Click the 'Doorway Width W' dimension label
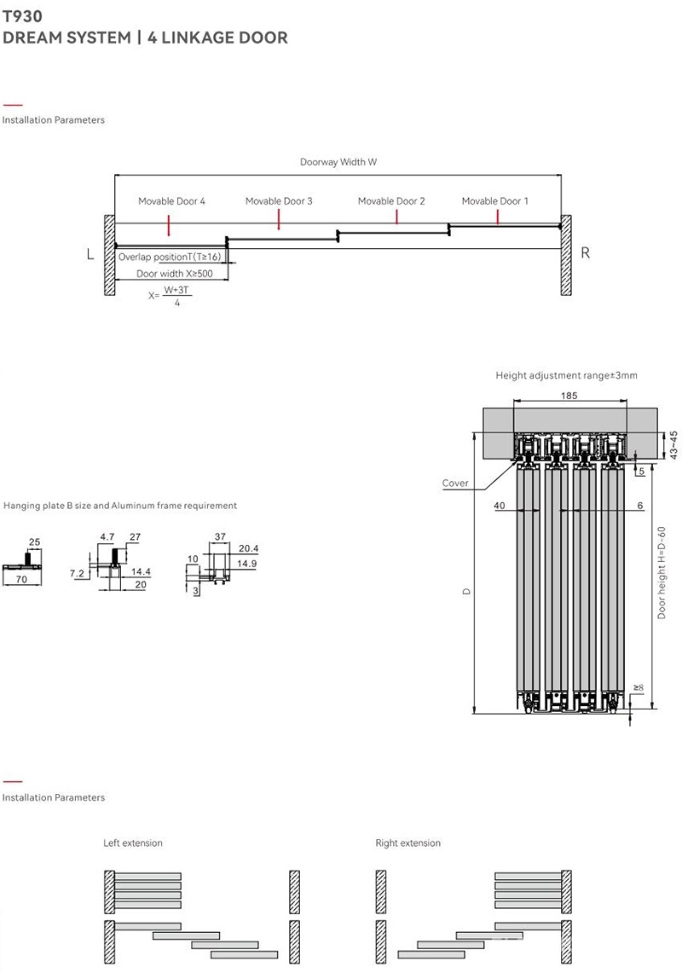pos(338,162)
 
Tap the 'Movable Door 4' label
pos(171,201)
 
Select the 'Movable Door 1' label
pos(494,201)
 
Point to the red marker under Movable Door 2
pos(396,217)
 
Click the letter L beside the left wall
pos(90,253)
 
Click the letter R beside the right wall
pos(585,252)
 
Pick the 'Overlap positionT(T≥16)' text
pos(170,257)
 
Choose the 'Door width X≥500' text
pos(175,274)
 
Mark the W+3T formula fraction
pos(176,295)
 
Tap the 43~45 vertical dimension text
pos(673,445)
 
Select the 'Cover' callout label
pos(455,484)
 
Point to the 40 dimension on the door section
pos(499,506)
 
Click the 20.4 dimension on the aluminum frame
pos(248,548)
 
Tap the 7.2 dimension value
pos(77,574)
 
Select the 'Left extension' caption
pos(133,843)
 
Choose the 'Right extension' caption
pos(408,843)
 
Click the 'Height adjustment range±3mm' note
pos(566,375)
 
